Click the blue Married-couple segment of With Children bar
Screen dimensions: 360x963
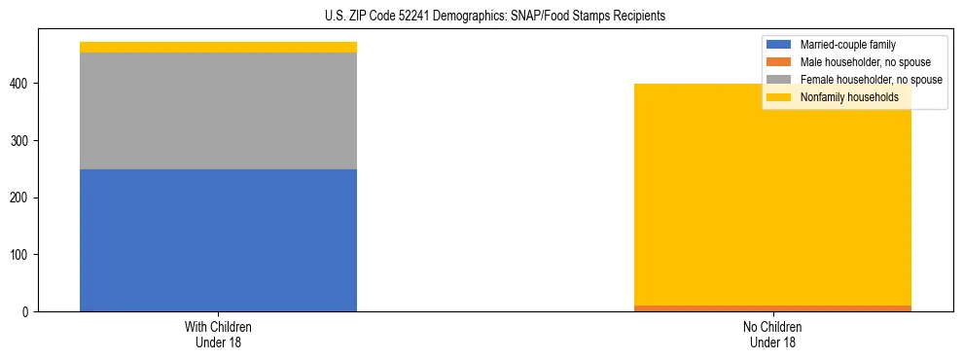click(218, 240)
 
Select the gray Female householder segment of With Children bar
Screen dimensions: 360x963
click(218, 111)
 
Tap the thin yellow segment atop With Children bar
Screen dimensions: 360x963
click(218, 47)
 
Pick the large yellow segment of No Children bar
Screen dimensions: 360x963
click(772, 195)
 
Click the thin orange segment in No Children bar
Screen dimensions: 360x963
click(772, 307)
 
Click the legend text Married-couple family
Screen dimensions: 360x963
click(847, 45)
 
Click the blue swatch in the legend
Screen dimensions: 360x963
click(779, 45)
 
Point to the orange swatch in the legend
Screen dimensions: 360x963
click(779, 62)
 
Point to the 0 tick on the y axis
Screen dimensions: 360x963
click(29, 312)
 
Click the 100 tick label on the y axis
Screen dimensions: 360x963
click(23, 255)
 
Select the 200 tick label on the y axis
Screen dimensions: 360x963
click(23, 198)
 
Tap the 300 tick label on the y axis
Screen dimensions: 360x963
click(23, 141)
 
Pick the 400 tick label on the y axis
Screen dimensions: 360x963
click(23, 85)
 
